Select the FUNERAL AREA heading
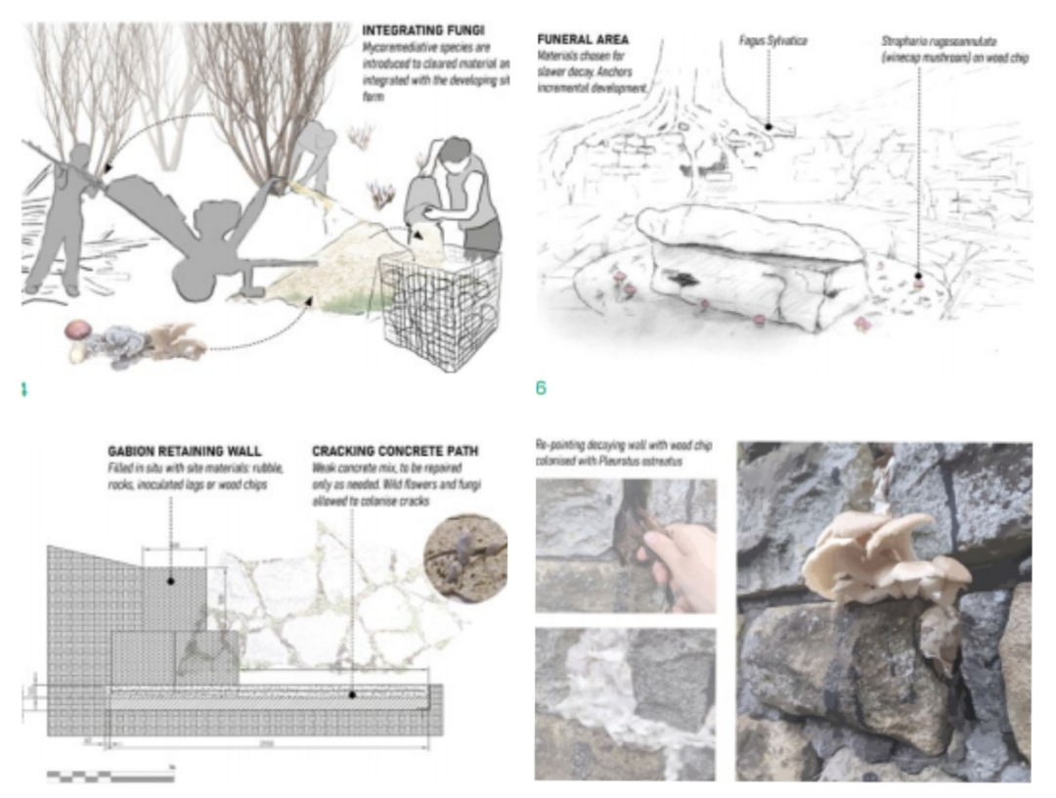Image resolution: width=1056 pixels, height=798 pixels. (584, 40)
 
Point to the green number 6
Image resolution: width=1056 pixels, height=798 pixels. (541, 388)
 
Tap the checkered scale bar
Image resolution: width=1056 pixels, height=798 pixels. (110, 776)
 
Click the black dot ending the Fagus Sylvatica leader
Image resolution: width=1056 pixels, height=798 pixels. (769, 125)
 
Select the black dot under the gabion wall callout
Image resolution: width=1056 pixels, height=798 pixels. (170, 581)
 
